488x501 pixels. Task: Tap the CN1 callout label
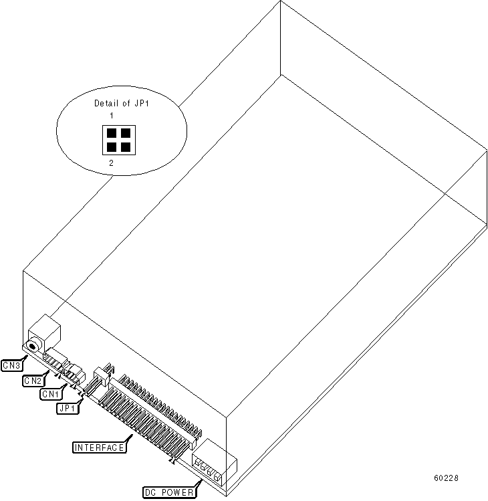[x=49, y=394]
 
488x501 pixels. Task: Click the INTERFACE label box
[x=99, y=447]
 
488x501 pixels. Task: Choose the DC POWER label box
[x=170, y=492]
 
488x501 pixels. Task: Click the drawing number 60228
[x=446, y=478]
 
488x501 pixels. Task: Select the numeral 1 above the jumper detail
[x=112, y=116]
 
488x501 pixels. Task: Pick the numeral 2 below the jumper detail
[x=110, y=163]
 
